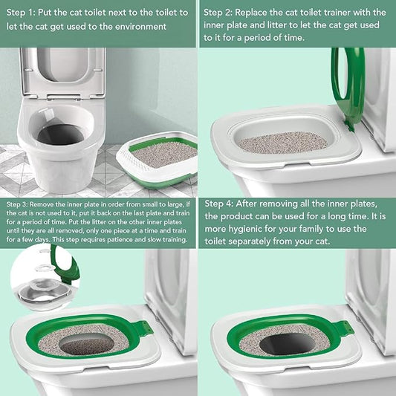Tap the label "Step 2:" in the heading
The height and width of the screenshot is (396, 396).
(x=221, y=13)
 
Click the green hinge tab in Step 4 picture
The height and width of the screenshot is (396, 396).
(x=343, y=327)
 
